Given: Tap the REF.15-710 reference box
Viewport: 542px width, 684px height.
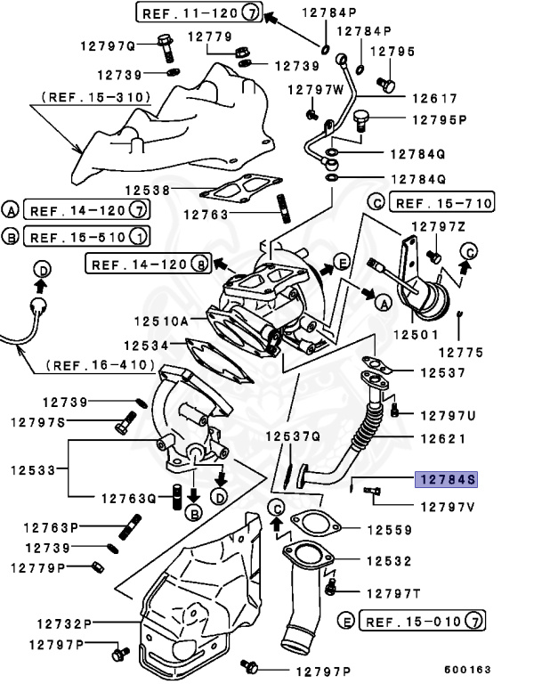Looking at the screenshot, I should click(x=442, y=203).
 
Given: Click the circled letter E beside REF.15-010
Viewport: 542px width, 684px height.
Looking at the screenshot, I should click(x=347, y=620).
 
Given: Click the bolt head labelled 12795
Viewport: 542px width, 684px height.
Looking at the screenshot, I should click(x=385, y=84).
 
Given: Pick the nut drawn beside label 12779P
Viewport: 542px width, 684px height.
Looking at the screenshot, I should click(x=95, y=566).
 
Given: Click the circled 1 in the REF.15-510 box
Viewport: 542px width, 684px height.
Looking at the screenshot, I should click(x=139, y=237).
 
